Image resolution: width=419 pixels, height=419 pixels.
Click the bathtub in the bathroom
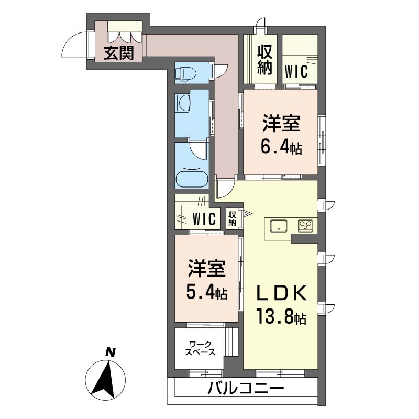[192, 179]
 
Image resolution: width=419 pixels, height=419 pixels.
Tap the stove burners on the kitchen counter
[305, 226]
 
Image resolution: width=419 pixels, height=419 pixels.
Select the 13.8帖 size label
[281, 316]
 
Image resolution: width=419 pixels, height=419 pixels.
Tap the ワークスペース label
[200, 348]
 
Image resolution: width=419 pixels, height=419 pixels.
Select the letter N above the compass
[109, 352]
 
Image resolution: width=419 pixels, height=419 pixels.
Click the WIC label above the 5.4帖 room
[204, 218]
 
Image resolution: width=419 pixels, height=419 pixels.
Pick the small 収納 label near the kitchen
[233, 218]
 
